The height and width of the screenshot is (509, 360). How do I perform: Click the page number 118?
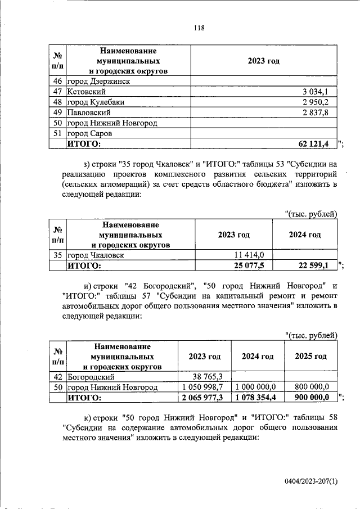click(x=198, y=29)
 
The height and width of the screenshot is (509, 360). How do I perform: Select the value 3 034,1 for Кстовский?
click(x=319, y=92)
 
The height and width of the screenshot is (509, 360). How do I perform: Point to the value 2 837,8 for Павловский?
click(x=319, y=112)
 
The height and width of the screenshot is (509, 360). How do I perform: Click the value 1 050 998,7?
click(x=204, y=388)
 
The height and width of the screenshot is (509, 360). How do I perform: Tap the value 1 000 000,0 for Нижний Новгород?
click(x=256, y=388)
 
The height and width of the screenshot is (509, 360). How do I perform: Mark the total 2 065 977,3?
click(x=204, y=398)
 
